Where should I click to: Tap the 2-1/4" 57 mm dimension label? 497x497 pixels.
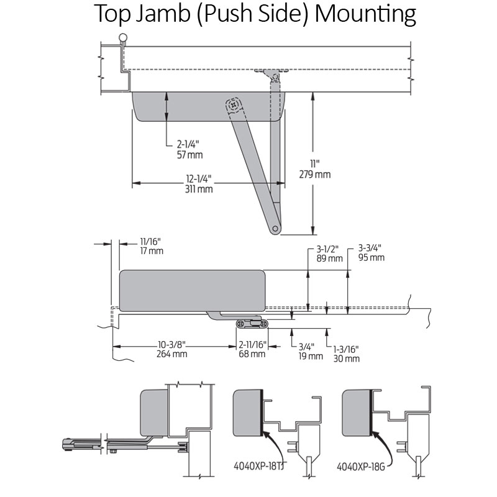click(189, 150)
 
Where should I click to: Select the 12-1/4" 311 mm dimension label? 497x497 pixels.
click(199, 184)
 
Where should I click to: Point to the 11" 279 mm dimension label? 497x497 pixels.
click(314, 170)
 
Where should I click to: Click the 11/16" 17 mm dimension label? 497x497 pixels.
click(152, 247)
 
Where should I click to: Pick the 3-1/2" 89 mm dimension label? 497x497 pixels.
click(329, 253)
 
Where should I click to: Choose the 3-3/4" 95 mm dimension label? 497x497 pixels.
click(371, 253)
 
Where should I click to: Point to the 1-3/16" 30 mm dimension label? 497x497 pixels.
click(346, 353)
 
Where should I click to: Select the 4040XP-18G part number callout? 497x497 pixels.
click(360, 463)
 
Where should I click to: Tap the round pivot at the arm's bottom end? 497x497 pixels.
click(275, 230)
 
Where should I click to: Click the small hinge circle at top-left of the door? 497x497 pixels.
click(124, 37)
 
